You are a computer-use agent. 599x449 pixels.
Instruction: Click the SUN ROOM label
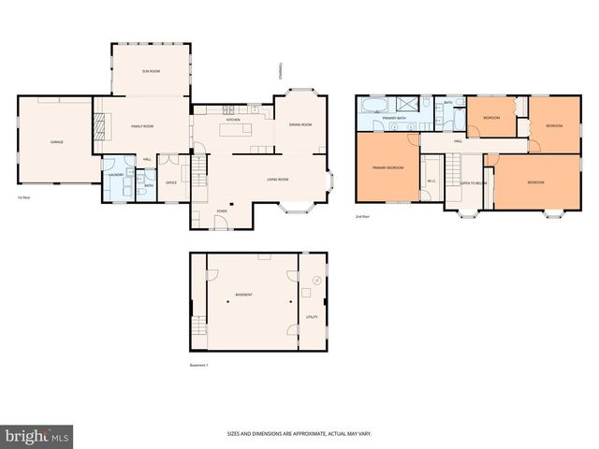point(150,71)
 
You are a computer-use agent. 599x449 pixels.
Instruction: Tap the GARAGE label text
point(56,141)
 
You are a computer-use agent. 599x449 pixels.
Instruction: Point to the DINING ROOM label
point(299,124)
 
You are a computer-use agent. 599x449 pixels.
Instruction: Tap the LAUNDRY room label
point(117,175)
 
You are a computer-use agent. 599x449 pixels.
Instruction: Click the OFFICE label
point(171,182)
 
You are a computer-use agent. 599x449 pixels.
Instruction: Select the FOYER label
point(222,211)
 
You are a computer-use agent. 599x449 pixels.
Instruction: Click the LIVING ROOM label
point(277,179)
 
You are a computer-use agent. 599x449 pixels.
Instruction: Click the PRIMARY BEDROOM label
point(387,167)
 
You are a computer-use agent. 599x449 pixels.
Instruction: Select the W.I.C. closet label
point(431,181)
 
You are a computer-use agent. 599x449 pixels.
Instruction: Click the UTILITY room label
point(312,317)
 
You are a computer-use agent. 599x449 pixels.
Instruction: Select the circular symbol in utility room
point(316,280)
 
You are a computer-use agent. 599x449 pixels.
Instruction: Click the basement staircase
point(197,326)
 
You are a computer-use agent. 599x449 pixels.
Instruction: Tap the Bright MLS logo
point(37,436)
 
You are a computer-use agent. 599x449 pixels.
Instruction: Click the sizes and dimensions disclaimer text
point(299,433)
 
